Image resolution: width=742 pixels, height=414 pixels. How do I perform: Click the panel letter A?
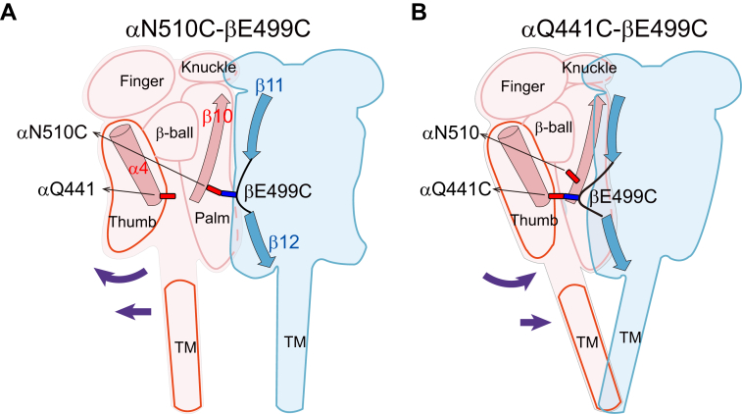(x=11, y=14)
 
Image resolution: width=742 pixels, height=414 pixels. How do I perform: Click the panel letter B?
(x=387, y=14)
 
